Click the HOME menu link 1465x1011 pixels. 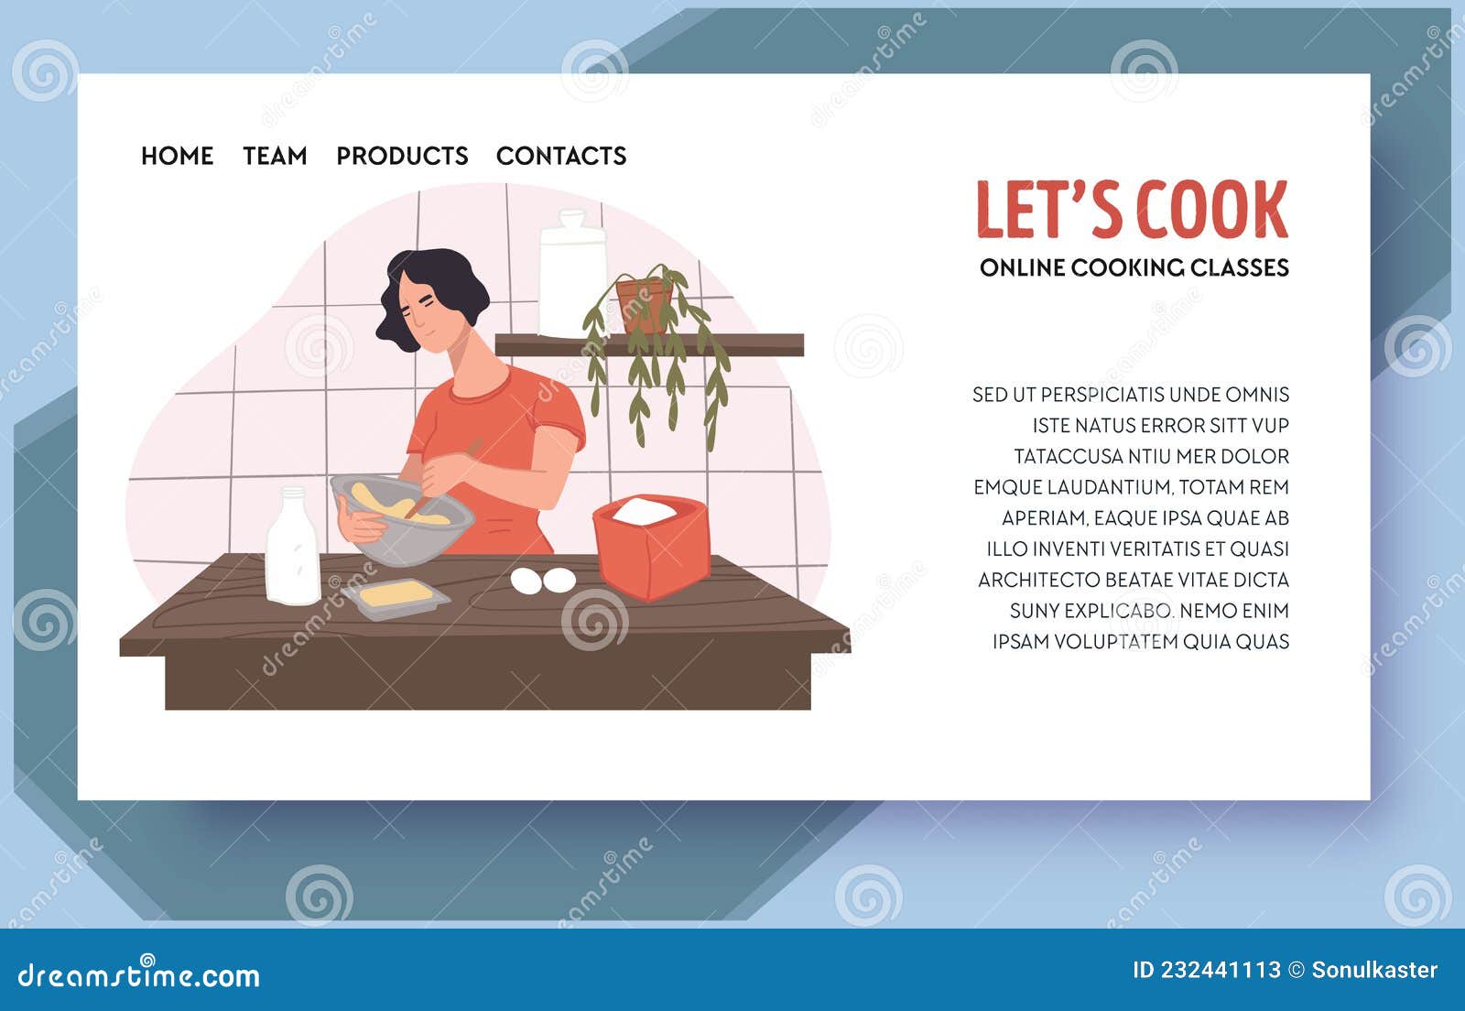[177, 156]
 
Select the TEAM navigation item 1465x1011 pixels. [275, 156]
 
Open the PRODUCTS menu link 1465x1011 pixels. [402, 156]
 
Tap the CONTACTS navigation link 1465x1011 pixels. [561, 156]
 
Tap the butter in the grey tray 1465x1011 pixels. [396, 595]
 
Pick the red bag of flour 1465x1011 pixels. [651, 548]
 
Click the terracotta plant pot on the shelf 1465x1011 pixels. [645, 305]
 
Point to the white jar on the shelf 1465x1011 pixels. [572, 273]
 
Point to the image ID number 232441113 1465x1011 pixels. [1221, 971]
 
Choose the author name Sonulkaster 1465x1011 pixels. [1374, 971]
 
